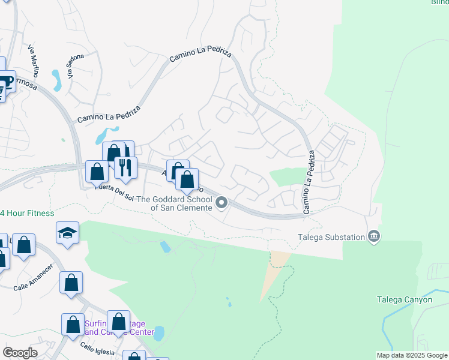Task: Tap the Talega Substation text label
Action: pyautogui.click(x=332, y=237)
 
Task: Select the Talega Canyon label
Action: pyautogui.click(x=404, y=299)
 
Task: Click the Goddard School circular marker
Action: pyautogui.click(x=221, y=203)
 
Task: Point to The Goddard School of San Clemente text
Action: pyautogui.click(x=175, y=203)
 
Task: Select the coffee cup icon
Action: pyautogui.click(x=7, y=80)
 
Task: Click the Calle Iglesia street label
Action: pyautogui.click(x=97, y=349)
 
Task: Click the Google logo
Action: pyautogui.click(x=20, y=353)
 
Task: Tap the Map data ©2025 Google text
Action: pyautogui.click(x=411, y=355)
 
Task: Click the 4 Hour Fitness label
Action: pyautogui.click(x=27, y=213)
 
